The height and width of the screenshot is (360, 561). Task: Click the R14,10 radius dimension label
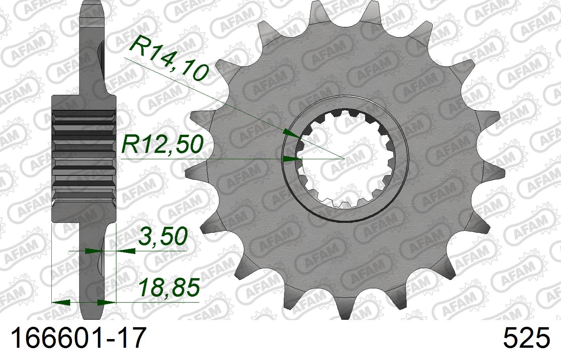(x=168, y=59)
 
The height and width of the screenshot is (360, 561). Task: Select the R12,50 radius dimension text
(x=162, y=144)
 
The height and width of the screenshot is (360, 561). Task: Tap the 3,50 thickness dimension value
(x=162, y=237)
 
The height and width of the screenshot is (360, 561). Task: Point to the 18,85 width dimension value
(x=168, y=287)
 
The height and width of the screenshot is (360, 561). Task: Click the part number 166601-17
(x=77, y=338)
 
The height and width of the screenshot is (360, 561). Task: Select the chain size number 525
(x=526, y=338)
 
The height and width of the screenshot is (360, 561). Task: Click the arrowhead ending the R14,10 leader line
(x=292, y=135)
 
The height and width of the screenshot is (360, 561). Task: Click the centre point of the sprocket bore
(x=345, y=158)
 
